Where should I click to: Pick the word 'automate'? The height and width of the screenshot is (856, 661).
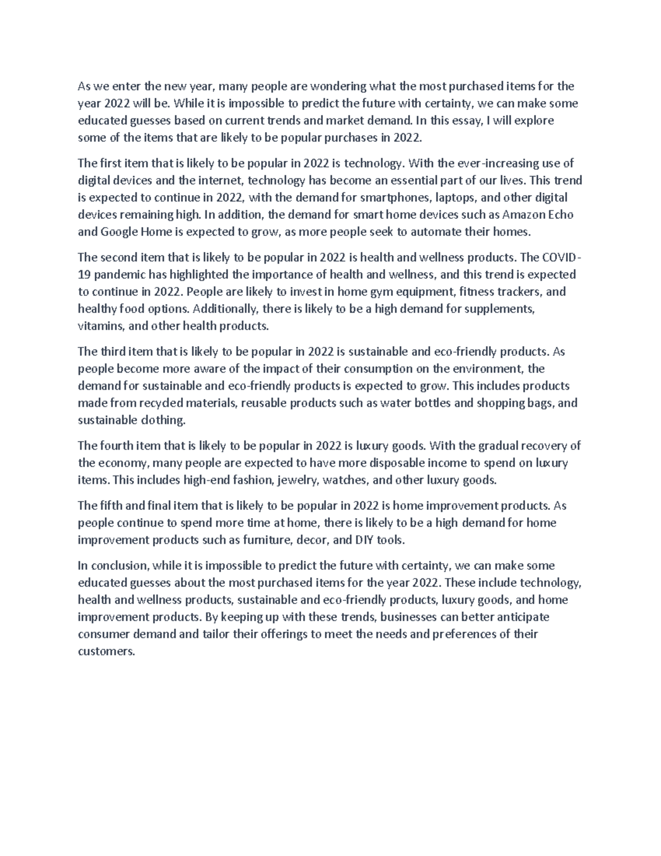coord(430,232)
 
